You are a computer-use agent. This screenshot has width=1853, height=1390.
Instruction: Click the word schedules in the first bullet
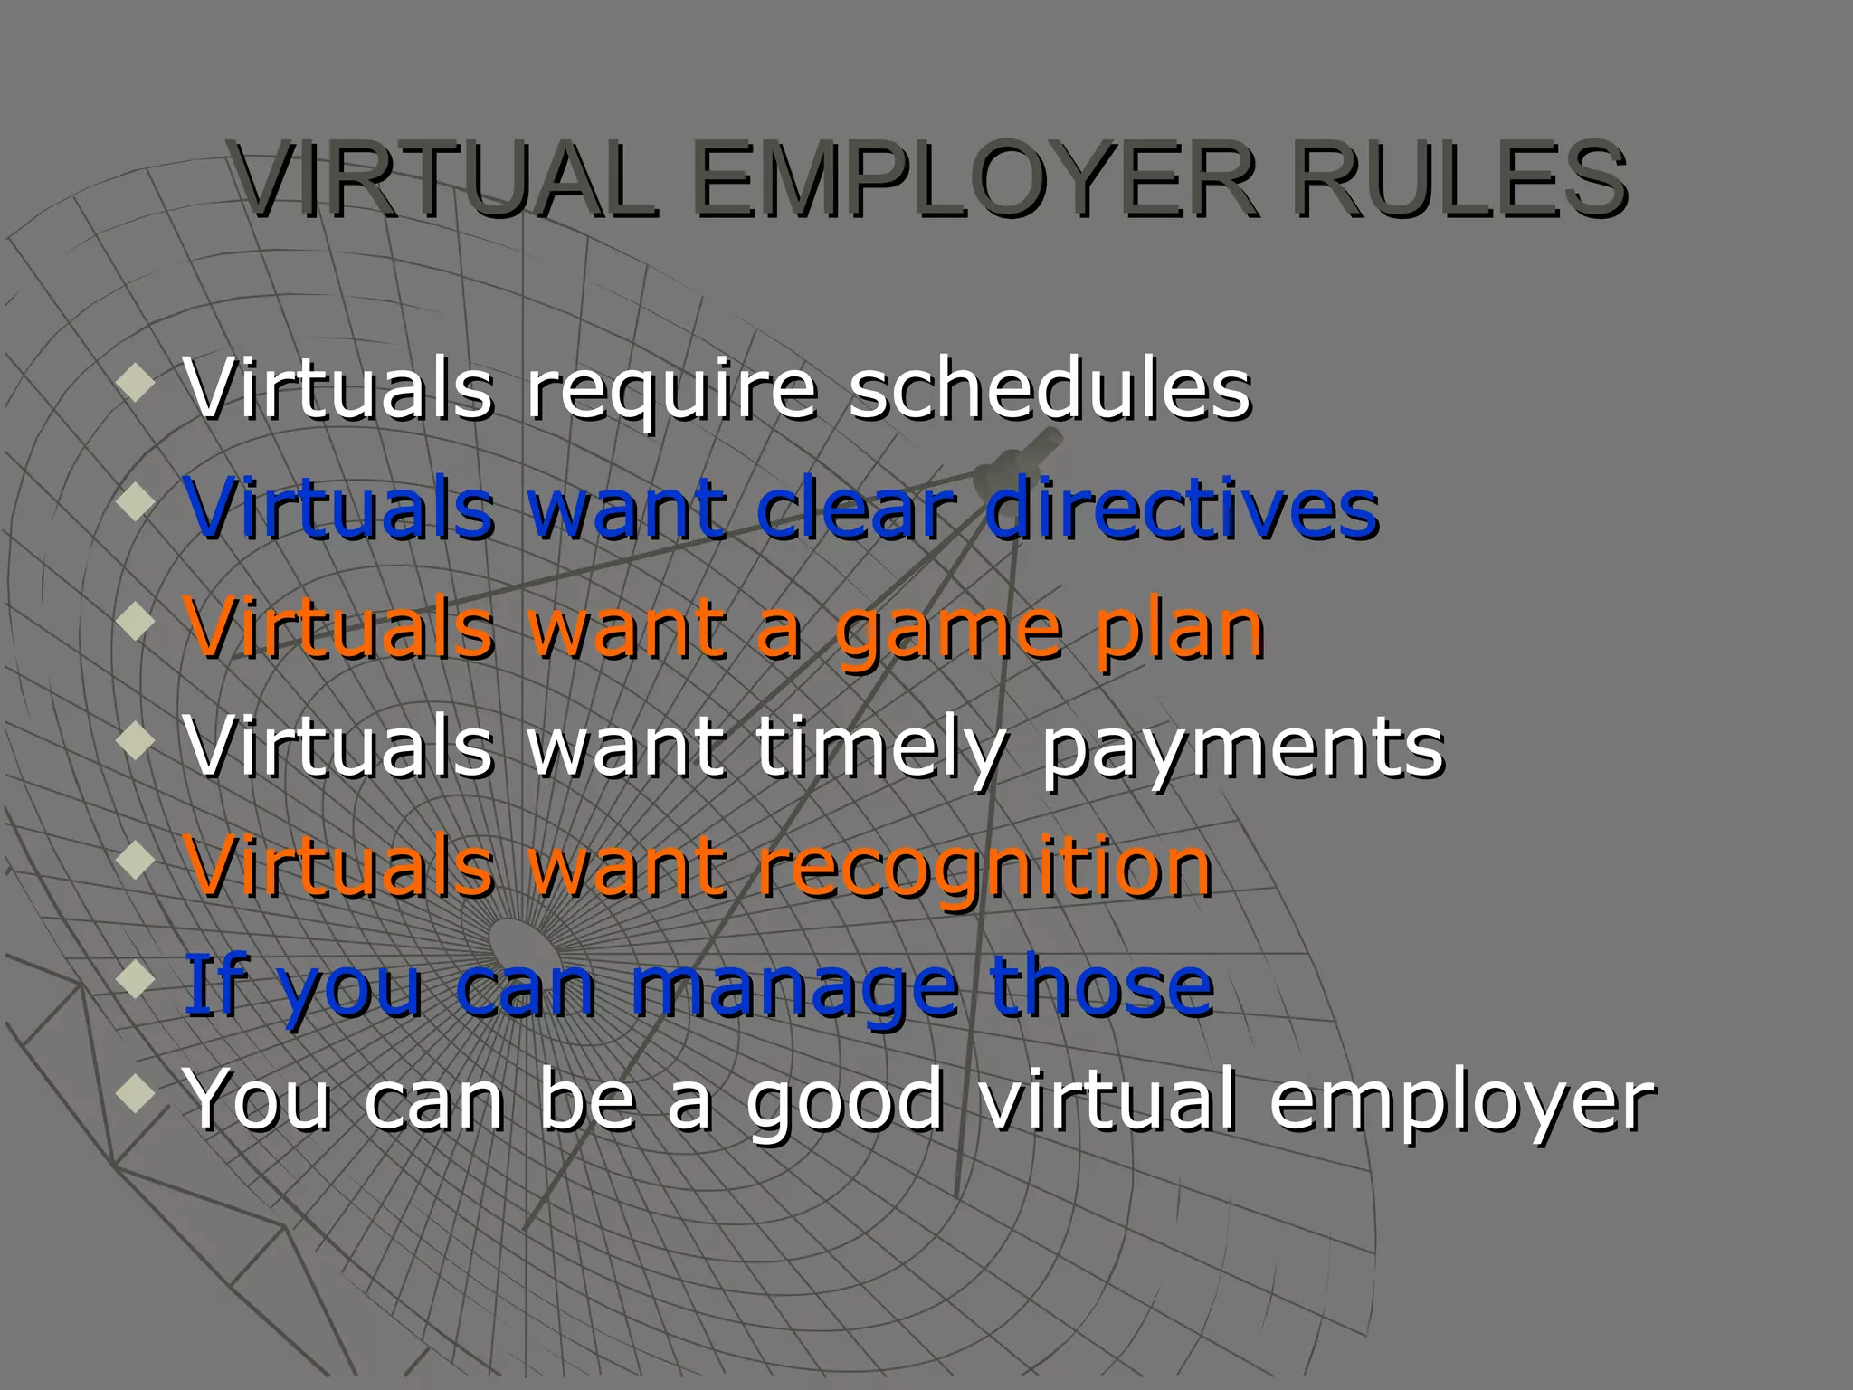pos(1050,389)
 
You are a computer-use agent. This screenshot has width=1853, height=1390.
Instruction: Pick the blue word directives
pos(1181,509)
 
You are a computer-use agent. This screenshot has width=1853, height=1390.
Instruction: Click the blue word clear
pos(856,509)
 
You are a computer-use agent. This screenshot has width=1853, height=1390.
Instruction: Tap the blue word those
pos(1101,985)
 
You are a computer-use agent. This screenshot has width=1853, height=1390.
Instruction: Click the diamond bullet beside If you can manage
pos(135,980)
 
